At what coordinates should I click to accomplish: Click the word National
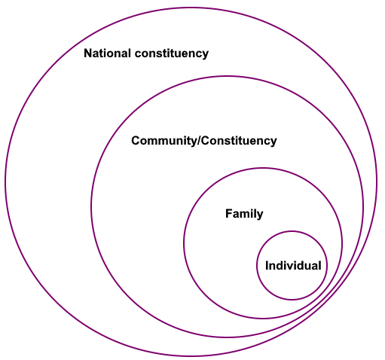[107, 53]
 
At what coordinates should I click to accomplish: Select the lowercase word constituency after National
[172, 53]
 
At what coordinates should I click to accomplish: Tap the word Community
[163, 141]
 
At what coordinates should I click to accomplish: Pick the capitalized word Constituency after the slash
[239, 141]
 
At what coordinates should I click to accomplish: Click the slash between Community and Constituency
[199, 141]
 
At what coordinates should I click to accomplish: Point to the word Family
[244, 214]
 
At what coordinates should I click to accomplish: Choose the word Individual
[293, 266]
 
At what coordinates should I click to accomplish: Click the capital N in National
[88, 53]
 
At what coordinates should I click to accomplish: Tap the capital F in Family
[229, 213]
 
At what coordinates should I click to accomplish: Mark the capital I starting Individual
[267, 266]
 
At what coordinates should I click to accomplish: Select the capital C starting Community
[136, 141]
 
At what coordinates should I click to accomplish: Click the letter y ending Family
[260, 215]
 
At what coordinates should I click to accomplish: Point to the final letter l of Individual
[319, 266]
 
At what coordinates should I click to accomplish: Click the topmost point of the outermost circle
[191, 8]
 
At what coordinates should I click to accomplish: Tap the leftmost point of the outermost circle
[5, 182]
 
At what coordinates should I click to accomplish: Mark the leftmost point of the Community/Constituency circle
[91, 206]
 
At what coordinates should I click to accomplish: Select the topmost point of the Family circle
[263, 169]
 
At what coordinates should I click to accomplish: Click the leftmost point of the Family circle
[184, 243]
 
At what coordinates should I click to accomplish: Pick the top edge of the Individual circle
[292, 232]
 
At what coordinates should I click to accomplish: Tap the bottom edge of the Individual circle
[292, 299]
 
